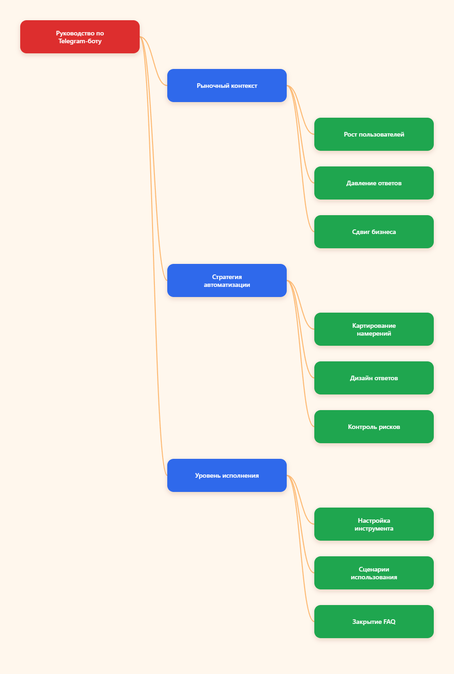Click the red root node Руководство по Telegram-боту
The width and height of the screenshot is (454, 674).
coord(80,37)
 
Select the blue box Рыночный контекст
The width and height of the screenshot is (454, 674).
coord(227,86)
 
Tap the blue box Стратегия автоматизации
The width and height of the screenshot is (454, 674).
coord(227,280)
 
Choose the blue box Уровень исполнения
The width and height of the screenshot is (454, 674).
coord(227,475)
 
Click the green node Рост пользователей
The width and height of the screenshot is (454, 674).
coord(374,134)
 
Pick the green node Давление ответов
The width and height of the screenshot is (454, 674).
coord(374,183)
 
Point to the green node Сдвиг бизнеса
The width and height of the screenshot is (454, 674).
coord(374,232)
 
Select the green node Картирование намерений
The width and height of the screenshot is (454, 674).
coord(374,329)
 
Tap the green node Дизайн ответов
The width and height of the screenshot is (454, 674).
coord(374,378)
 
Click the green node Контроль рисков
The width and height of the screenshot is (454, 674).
coord(374,427)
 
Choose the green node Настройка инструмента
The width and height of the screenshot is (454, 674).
coord(374,524)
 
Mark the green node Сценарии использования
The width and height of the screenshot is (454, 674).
coord(374,573)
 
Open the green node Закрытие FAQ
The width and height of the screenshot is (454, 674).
coord(374,622)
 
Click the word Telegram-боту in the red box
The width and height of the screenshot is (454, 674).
coord(80,41)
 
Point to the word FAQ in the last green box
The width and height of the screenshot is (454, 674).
coord(389,622)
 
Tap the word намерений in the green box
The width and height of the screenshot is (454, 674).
coord(374,333)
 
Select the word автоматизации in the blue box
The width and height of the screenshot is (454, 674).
coord(227,285)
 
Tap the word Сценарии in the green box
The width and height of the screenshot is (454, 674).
coord(374,569)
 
